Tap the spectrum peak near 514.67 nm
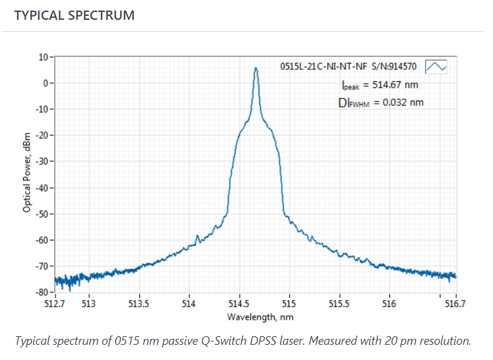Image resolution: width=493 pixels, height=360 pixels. tap(255, 69)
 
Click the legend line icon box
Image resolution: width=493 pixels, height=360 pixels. tap(436, 67)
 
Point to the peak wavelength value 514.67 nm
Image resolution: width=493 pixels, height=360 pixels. tap(393, 85)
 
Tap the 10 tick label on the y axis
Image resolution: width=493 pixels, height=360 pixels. tap(43, 57)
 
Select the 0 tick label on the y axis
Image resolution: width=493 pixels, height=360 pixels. tap(46, 83)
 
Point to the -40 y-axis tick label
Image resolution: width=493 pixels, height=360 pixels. tap(42, 188)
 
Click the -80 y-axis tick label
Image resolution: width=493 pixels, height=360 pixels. tap(42, 292)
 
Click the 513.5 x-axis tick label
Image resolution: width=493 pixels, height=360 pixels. tap(139, 304)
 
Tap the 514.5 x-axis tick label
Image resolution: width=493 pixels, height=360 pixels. tap(239, 304)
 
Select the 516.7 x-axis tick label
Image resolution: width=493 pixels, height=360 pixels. tap(455, 304)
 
